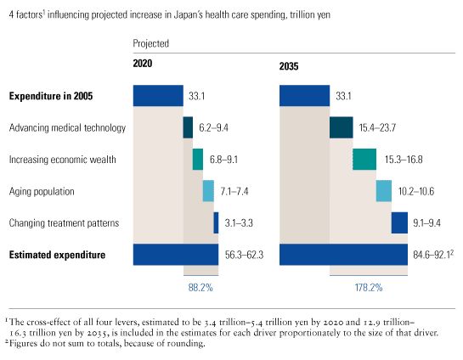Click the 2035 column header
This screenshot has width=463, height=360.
pos(291,65)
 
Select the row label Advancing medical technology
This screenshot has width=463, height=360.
pos(67,128)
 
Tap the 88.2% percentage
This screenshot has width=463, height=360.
pos(201,288)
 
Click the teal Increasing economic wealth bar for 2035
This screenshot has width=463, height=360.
pos(364,160)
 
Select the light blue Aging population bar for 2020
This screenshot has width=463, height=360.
pos(208,191)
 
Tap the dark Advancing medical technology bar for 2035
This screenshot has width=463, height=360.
pos(341,127)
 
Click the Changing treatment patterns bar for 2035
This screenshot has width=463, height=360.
pos(399,222)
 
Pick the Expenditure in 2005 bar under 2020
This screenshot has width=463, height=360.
pos(158,96)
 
